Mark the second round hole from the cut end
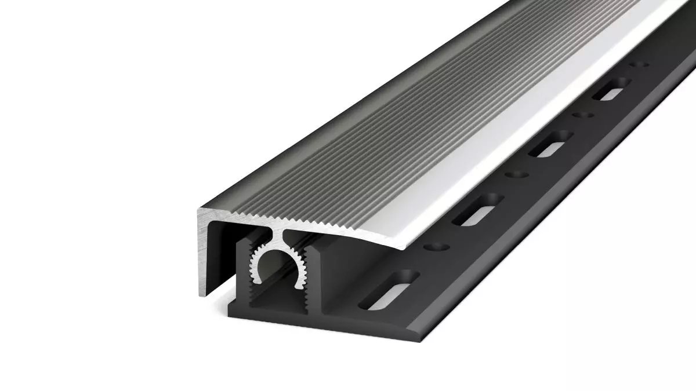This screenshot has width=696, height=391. (515, 174)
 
